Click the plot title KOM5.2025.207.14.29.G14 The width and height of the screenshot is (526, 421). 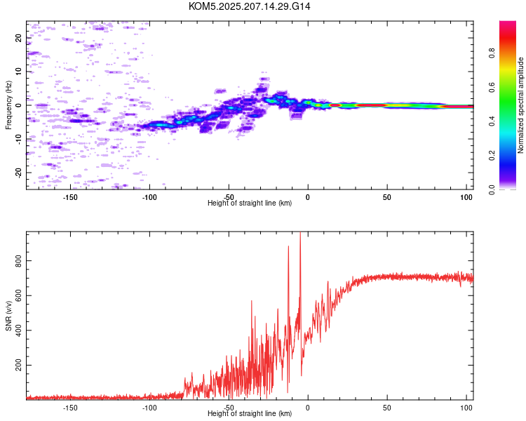(x=249, y=6)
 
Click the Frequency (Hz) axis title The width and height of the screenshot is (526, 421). (x=8, y=105)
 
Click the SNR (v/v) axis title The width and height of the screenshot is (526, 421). (x=8, y=316)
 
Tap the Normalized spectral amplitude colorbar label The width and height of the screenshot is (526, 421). (x=520, y=105)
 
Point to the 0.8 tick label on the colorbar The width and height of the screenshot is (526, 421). (x=492, y=53)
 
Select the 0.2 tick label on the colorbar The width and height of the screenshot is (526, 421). (x=492, y=156)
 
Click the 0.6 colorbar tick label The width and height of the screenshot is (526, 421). (x=492, y=87)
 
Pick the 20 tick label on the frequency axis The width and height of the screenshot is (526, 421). (x=18, y=38)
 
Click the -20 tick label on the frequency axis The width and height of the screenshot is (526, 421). (x=18, y=173)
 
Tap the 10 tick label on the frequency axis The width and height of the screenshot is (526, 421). (x=18, y=72)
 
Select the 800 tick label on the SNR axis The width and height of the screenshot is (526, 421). (x=18, y=260)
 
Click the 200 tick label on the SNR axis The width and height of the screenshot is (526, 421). (x=18, y=365)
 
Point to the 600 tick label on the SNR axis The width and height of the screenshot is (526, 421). (x=18, y=295)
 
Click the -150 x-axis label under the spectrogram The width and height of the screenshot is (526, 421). (x=69, y=197)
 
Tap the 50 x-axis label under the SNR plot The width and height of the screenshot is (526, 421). (x=387, y=408)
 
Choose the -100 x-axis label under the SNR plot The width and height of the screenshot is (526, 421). (x=149, y=408)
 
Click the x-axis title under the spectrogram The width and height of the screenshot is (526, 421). (x=250, y=203)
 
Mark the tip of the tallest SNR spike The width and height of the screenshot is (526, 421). (x=300, y=232)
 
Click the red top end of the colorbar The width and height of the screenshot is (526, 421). (x=508, y=22)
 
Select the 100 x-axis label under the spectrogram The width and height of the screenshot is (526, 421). (x=466, y=197)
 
